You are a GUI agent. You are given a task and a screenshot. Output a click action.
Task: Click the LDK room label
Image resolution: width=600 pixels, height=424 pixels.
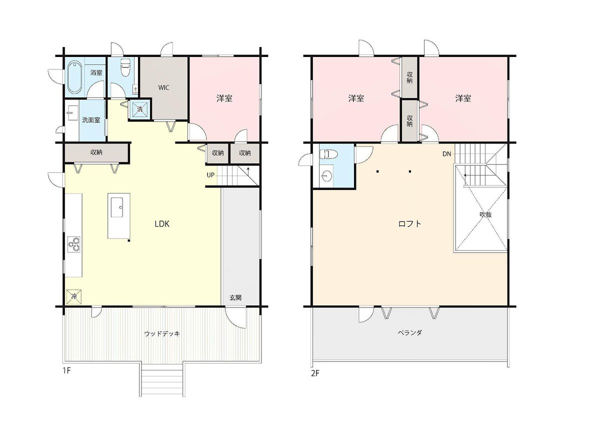(162, 224)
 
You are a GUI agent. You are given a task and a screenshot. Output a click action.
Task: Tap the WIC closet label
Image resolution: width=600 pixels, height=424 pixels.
(163, 88)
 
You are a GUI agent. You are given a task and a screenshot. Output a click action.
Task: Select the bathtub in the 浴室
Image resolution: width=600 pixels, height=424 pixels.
(74, 77)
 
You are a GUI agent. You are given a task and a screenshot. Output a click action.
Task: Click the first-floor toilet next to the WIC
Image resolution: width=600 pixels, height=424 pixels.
(125, 67)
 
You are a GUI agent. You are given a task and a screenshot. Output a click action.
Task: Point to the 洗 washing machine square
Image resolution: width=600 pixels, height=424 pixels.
(140, 109)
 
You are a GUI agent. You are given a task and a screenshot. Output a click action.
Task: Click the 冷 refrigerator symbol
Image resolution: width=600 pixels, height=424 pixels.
(74, 297)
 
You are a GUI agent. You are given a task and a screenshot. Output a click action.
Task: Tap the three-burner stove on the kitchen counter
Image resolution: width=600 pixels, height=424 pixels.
(74, 244)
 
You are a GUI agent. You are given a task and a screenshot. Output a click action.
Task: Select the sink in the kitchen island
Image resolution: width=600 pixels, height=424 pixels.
(117, 207)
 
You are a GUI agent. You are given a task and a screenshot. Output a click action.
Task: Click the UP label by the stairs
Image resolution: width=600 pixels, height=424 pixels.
(210, 175)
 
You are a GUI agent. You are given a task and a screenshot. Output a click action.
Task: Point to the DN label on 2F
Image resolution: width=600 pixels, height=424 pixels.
(447, 154)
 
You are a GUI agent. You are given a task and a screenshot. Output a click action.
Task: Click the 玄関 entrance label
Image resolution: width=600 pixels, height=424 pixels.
(235, 297)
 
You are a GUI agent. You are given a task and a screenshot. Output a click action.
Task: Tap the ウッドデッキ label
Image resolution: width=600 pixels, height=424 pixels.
(162, 334)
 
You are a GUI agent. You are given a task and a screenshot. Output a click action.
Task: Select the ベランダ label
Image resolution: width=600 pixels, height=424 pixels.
(410, 333)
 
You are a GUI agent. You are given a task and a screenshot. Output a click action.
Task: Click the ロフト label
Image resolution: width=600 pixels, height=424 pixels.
(410, 223)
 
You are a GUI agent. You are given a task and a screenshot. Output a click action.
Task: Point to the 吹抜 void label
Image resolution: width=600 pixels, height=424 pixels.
(485, 214)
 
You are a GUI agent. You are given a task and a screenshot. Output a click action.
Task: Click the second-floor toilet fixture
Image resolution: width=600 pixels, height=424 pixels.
(328, 154)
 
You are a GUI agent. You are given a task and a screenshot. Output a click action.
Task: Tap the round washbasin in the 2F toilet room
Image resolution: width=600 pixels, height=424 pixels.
(327, 176)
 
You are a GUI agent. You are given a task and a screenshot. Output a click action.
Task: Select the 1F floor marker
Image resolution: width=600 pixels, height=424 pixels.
(66, 370)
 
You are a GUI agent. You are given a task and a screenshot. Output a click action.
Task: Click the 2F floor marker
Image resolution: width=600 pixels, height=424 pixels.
(315, 373)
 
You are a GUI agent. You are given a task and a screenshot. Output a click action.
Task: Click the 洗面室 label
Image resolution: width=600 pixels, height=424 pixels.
(91, 120)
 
